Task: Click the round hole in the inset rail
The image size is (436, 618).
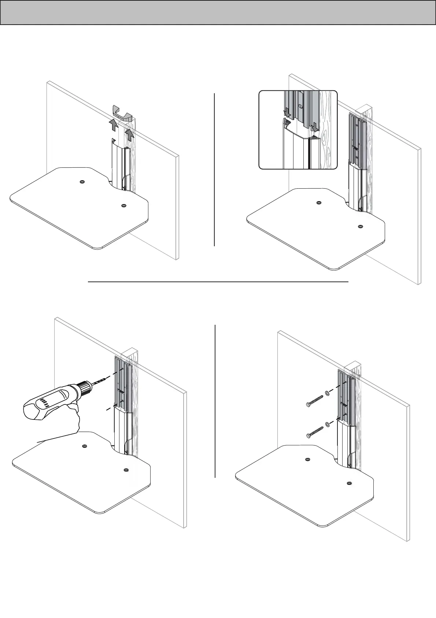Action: [x=300, y=107]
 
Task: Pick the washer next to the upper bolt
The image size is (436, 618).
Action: [x=327, y=395]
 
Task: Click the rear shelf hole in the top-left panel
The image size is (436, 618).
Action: [x=81, y=182]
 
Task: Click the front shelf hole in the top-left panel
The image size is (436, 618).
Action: [x=123, y=206]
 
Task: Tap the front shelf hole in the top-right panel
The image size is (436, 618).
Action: [x=360, y=226]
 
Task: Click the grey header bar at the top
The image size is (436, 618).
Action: [x=218, y=12]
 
